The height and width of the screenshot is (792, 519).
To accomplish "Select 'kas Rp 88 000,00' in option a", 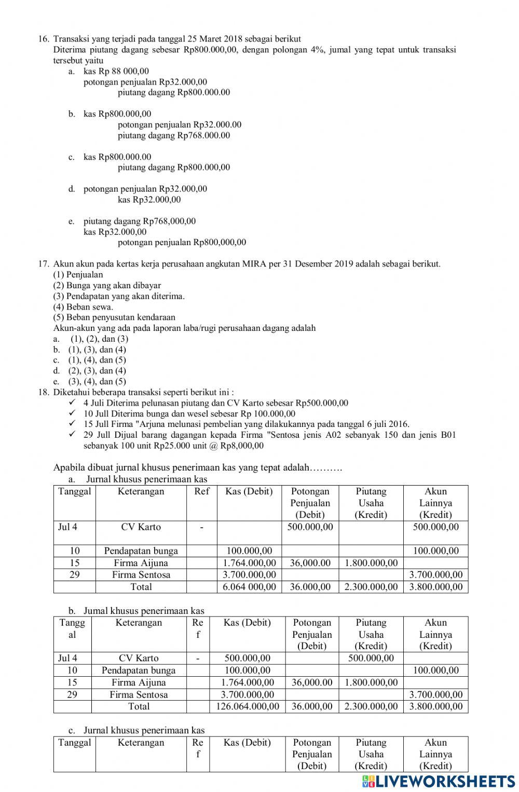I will point(116,71).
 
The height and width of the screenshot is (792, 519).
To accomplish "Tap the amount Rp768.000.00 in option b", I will point(203,136).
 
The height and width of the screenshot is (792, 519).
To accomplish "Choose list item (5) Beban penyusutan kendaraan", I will point(114,317).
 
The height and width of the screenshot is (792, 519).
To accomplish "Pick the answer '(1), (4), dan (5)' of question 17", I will point(97,360).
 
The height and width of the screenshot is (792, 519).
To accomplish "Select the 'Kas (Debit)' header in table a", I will point(249,491).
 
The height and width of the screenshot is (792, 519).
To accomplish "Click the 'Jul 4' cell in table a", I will point(67,527).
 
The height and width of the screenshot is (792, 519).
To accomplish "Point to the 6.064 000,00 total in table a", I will point(249,587).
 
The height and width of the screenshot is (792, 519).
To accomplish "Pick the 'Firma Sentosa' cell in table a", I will point(141,575).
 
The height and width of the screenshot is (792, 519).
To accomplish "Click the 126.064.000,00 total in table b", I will point(247,706).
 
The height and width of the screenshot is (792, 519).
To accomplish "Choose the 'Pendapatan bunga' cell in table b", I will point(139,670).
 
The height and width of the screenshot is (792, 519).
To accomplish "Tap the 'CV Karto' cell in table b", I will point(139,659).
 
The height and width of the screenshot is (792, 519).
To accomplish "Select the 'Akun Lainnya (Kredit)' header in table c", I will point(435,754).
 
